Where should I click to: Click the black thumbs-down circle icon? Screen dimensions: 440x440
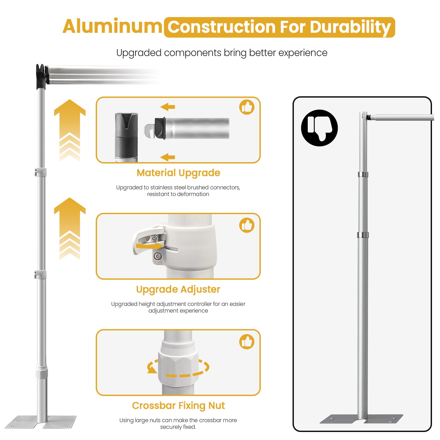[x=319, y=128]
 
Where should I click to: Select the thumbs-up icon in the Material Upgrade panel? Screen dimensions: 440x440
[x=247, y=107]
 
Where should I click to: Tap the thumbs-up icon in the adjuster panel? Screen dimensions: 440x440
[x=247, y=225]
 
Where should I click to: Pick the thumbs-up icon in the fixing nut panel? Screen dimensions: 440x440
[x=247, y=342]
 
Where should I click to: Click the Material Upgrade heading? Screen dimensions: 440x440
[x=178, y=173]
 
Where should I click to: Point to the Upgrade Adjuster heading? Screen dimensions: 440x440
[x=178, y=290]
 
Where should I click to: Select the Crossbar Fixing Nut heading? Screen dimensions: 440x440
[x=178, y=406]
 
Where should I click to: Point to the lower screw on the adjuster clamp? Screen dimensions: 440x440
[x=158, y=257]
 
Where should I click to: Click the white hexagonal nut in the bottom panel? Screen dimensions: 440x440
[x=178, y=364]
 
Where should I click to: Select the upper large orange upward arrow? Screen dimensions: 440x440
[x=70, y=130]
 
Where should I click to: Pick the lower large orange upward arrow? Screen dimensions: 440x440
[x=70, y=229]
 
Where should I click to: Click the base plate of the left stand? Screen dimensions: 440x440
[x=41, y=421]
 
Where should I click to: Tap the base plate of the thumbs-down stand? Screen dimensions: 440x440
[x=361, y=419]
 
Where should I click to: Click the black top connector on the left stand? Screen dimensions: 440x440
[x=41, y=77]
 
